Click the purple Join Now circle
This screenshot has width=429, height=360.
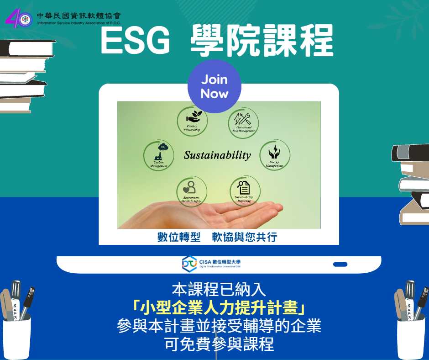[x=214, y=86]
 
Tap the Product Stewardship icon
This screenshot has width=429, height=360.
[x=192, y=121]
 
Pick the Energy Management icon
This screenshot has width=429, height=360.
[x=275, y=155]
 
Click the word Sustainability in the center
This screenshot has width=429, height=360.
[x=217, y=155]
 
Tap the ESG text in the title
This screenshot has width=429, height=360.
[x=135, y=41]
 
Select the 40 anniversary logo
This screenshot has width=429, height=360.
[x=19, y=18]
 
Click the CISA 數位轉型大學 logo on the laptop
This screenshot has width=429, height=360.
[x=211, y=263]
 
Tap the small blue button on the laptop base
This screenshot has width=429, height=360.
[x=340, y=264]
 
